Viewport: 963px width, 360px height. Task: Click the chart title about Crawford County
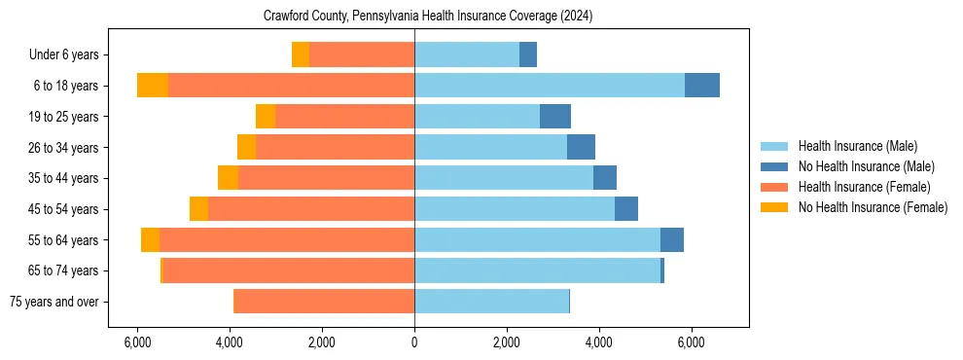(428, 17)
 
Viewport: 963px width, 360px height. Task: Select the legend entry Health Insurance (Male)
(857, 146)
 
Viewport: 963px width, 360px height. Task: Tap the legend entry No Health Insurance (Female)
(873, 207)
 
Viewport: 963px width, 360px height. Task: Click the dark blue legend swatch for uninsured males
(774, 166)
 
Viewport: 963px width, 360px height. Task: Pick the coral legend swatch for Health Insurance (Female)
(774, 187)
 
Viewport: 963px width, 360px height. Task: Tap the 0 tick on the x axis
(414, 342)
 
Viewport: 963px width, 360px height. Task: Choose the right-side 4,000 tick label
(598, 342)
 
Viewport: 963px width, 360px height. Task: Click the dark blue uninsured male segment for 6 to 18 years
(702, 86)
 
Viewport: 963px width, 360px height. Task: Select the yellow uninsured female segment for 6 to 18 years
(153, 86)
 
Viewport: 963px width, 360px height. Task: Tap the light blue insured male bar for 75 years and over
(491, 302)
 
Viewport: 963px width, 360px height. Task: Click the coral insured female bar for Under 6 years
(362, 55)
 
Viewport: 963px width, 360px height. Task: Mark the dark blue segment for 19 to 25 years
(555, 117)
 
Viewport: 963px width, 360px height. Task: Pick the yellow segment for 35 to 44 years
(228, 178)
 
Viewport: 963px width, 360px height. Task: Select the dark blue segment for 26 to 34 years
(581, 148)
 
